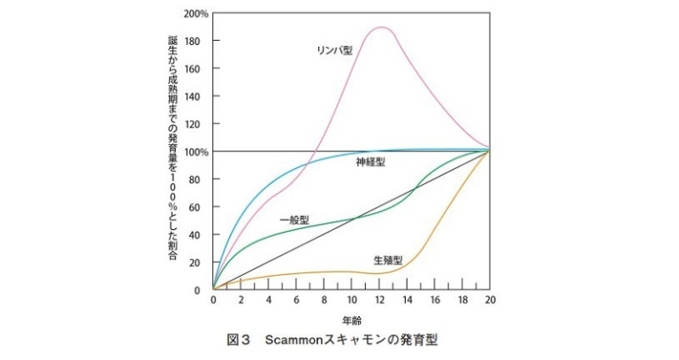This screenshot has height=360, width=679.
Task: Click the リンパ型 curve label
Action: click(334, 50)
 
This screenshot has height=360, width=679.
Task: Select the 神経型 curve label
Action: click(370, 163)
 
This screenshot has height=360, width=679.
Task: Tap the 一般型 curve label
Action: click(294, 219)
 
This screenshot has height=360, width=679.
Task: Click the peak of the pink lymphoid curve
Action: click(381, 27)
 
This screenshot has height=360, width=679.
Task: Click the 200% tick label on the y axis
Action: click(195, 14)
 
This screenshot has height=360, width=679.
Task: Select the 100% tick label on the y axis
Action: click(195, 152)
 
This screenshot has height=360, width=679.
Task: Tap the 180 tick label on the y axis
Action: click(199, 42)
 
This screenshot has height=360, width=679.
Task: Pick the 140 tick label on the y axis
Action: click(199, 96)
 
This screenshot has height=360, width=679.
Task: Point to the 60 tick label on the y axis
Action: click(202, 207)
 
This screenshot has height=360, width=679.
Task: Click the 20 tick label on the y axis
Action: click(202, 262)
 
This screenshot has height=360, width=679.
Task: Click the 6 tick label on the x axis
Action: click(296, 301)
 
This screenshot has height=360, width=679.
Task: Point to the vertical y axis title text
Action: click(172, 150)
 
